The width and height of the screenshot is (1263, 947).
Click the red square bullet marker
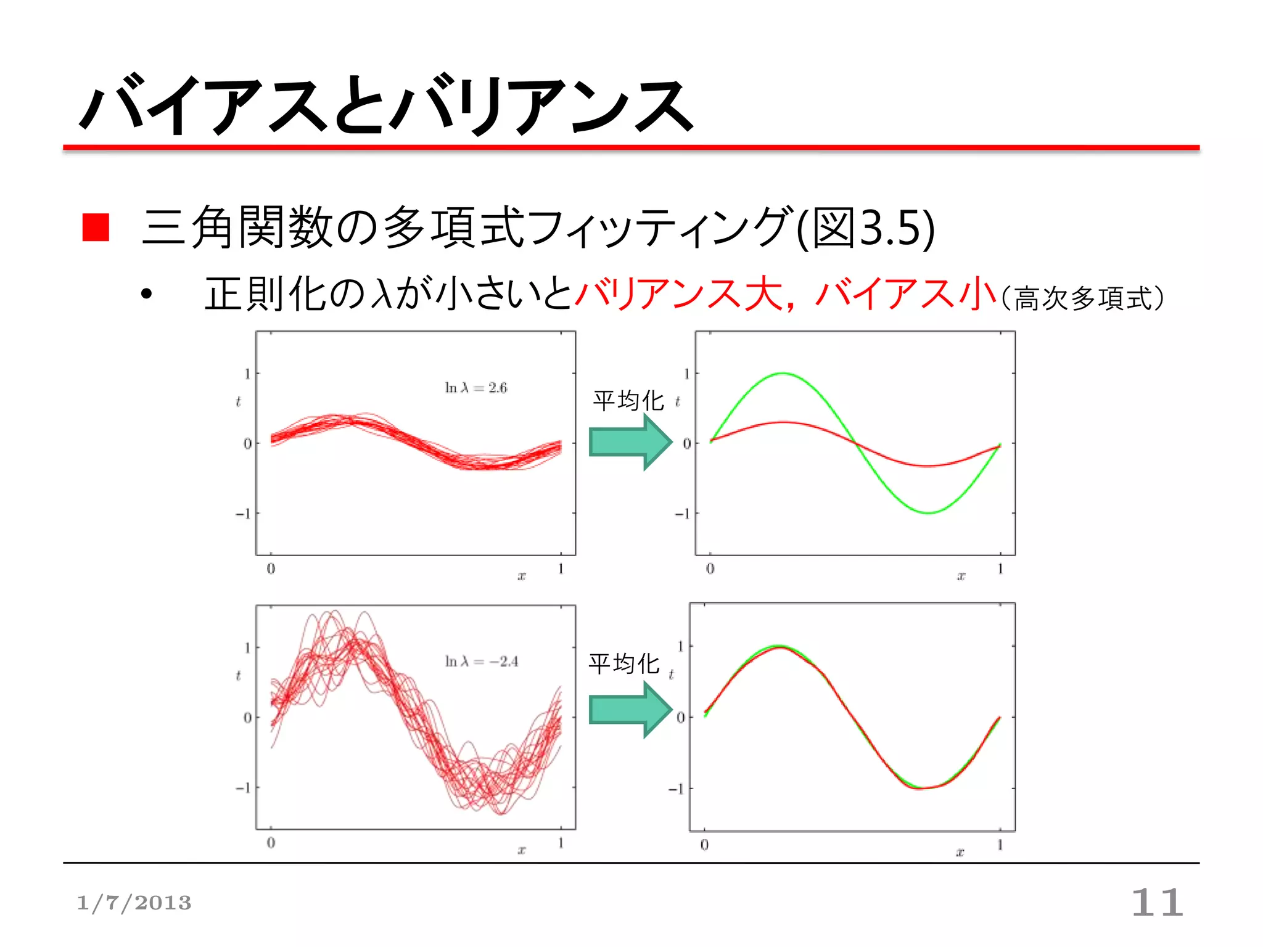(x=96, y=227)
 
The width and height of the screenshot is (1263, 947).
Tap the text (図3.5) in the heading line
(x=866, y=228)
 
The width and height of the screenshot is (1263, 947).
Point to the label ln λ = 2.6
(x=475, y=388)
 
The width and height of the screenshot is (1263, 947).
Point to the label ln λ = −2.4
(x=481, y=662)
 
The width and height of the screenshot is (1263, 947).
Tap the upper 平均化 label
(x=628, y=401)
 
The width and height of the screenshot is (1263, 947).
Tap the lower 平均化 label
(x=624, y=664)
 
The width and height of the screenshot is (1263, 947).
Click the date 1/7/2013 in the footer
(x=134, y=903)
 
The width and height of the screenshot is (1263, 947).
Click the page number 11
(x=1157, y=903)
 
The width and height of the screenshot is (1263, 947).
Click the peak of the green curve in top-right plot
(x=783, y=374)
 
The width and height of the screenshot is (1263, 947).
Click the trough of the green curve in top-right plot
(x=928, y=512)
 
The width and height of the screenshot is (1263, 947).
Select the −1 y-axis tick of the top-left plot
(x=243, y=513)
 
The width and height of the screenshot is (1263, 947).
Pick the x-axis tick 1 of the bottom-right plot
(x=1000, y=844)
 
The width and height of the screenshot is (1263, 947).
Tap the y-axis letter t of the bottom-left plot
(x=238, y=676)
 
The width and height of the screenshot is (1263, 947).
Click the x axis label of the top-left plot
(x=522, y=576)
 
